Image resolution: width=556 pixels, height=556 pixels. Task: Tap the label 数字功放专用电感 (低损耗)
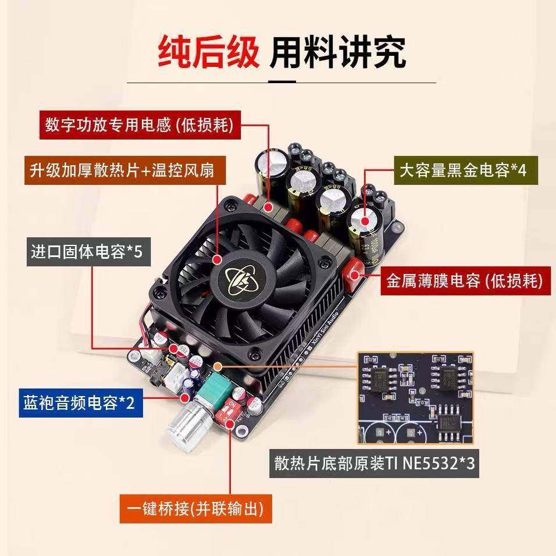pyautogui.click(x=139, y=124)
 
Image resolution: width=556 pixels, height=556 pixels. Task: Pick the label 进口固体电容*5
pyautogui.click(x=87, y=251)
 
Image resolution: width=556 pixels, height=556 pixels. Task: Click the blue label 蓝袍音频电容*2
pyautogui.click(x=80, y=402)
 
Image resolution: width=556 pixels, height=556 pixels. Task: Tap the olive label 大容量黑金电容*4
pyautogui.click(x=462, y=170)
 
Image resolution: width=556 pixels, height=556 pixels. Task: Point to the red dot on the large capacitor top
pyautogui.click(x=366, y=220)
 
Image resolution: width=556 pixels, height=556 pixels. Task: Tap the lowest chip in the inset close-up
pyautogui.click(x=448, y=422)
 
